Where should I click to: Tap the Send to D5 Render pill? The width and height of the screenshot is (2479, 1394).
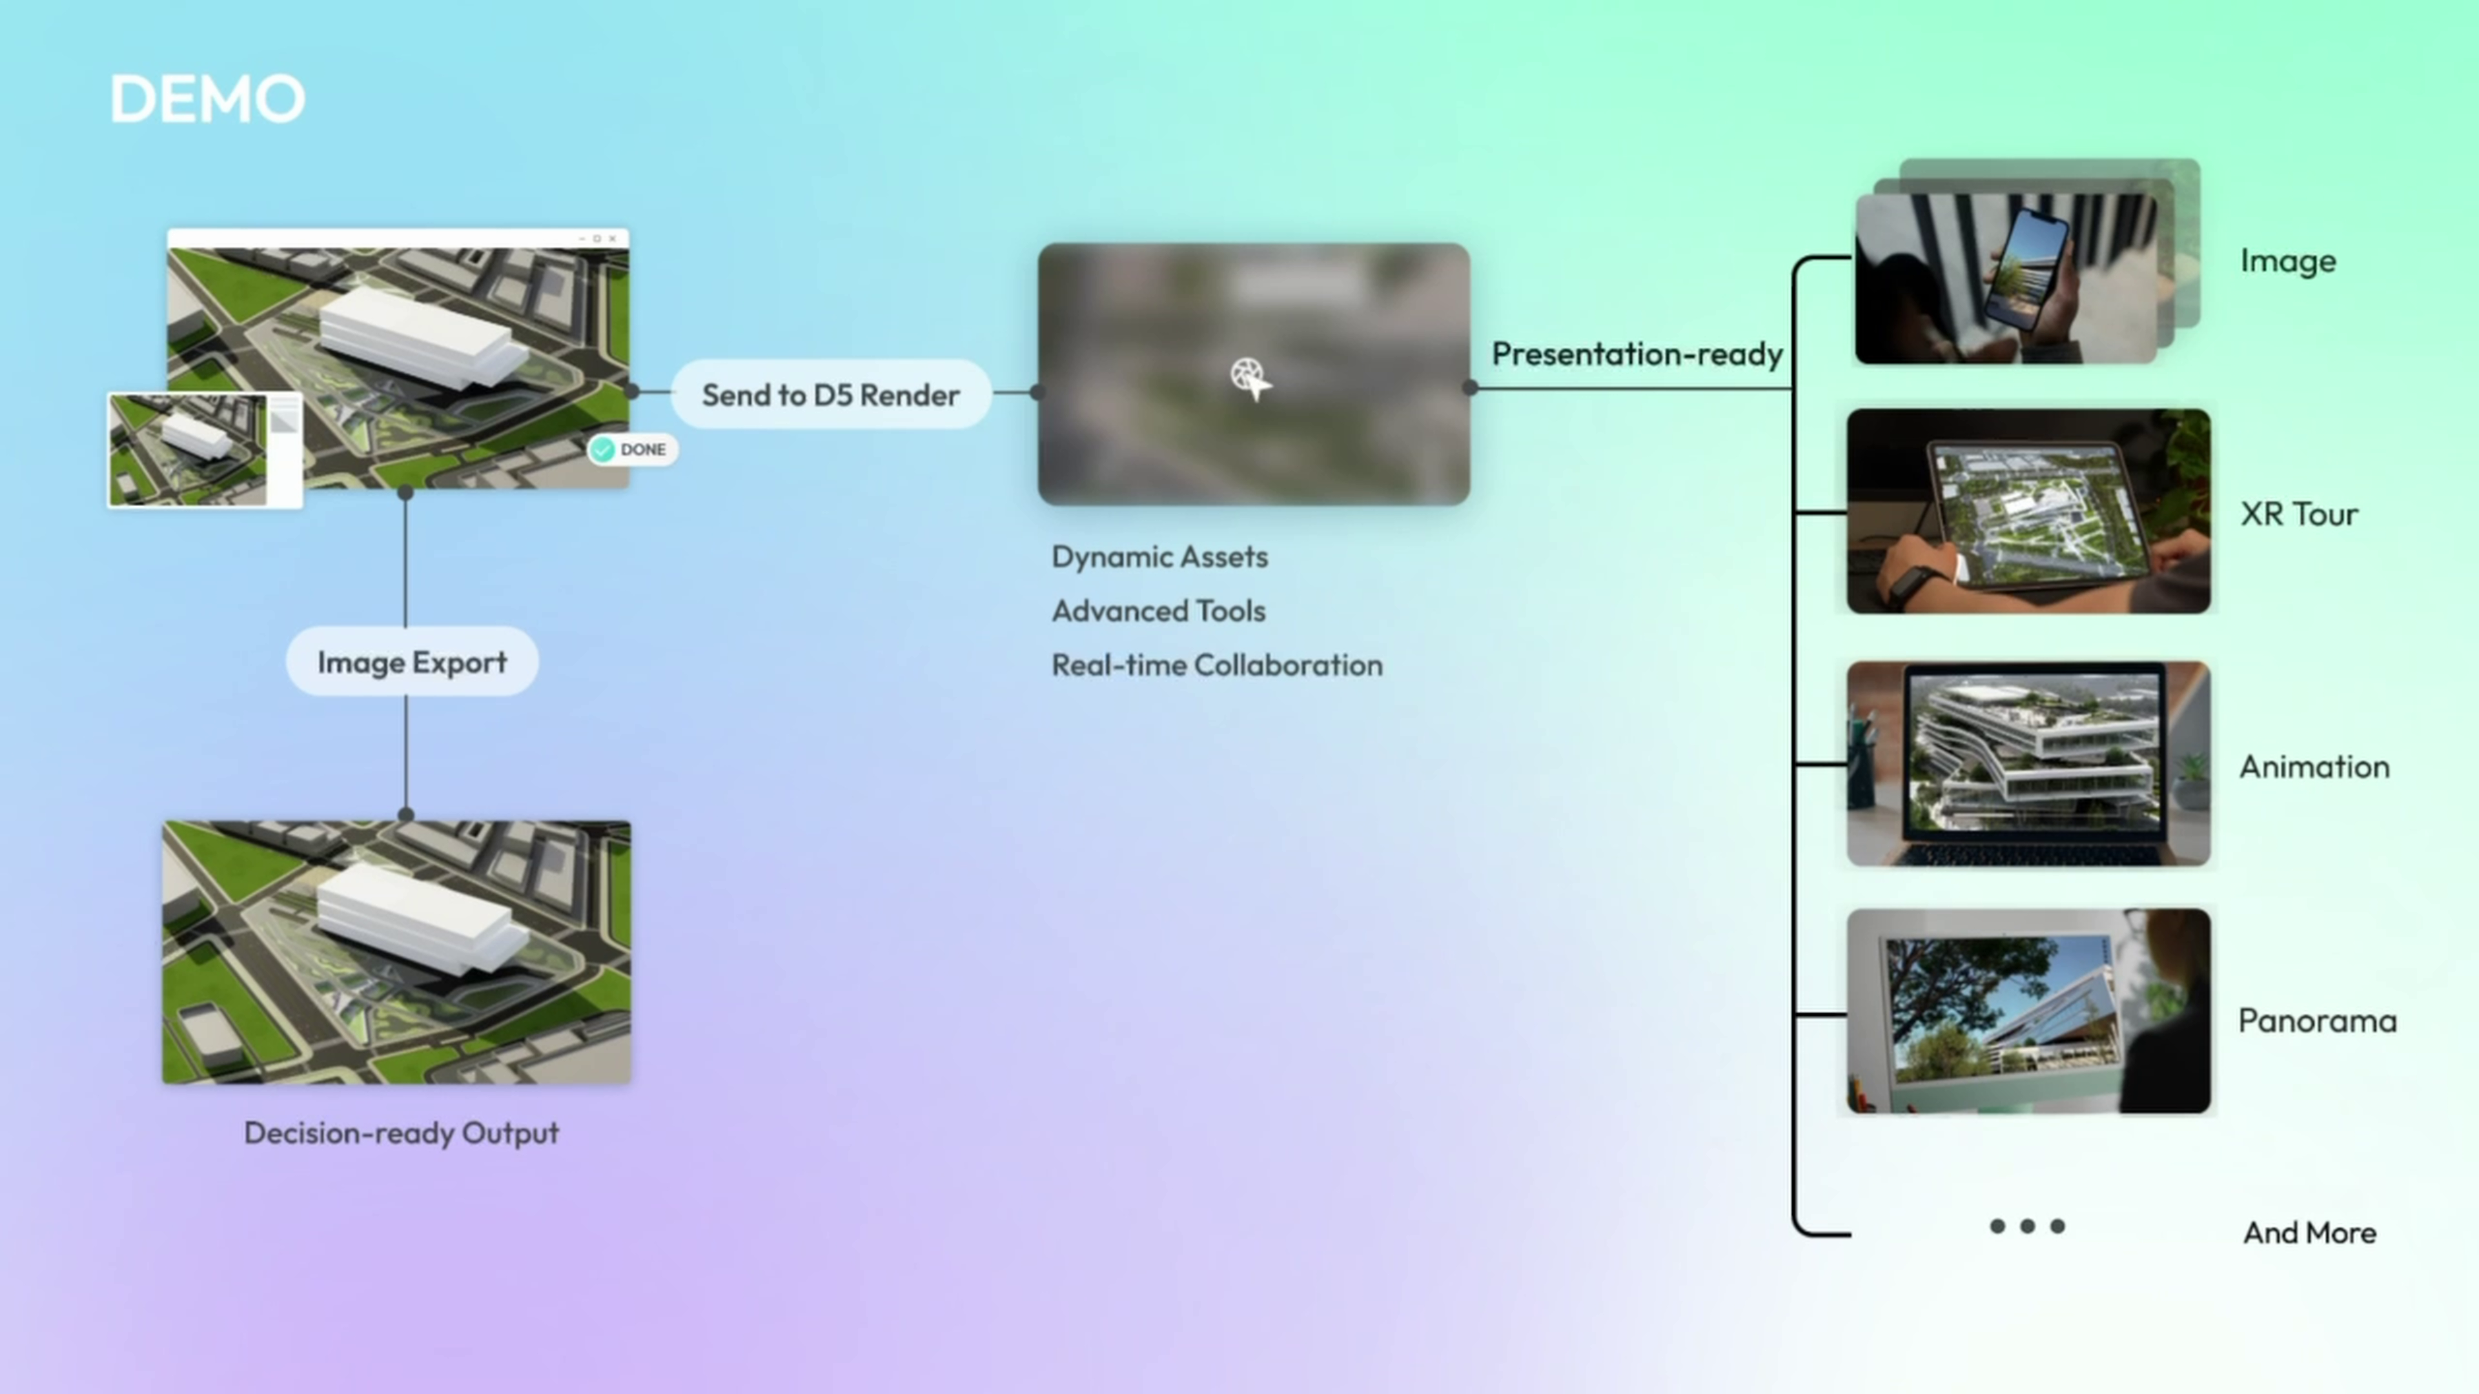[830, 394]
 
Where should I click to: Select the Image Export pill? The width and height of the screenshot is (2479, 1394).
[412, 662]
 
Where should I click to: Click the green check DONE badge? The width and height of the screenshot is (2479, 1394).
[632, 449]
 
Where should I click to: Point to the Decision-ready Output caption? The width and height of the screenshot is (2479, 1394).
[402, 1133]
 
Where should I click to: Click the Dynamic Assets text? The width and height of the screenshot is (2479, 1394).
[1159, 557]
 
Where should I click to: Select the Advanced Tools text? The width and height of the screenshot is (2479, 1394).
[1159, 611]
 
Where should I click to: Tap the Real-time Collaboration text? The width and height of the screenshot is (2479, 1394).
[1216, 665]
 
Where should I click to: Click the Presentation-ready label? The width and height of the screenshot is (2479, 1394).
[1637, 354]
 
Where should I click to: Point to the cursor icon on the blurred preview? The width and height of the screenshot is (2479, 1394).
[1250, 378]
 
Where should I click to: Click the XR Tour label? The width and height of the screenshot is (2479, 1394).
[2299, 514]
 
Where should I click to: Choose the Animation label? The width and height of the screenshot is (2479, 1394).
[2314, 767]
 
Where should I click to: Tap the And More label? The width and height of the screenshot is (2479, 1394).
[2310, 1233]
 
